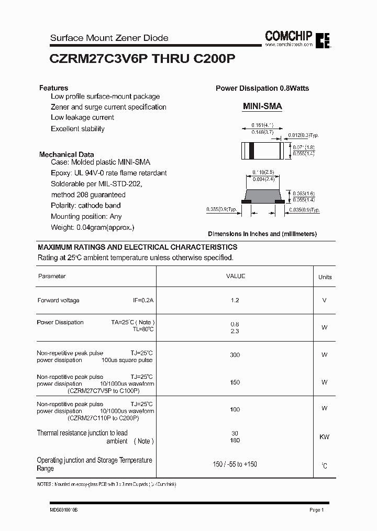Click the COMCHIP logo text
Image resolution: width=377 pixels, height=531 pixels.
tap(289, 36)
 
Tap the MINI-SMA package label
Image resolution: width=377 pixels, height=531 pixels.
tap(262, 106)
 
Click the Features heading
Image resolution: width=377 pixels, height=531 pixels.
tap(53, 88)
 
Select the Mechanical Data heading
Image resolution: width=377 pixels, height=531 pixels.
tap(66, 154)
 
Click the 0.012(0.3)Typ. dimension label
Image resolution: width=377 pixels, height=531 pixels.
tap(304, 135)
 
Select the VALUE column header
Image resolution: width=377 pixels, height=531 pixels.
tap(235, 276)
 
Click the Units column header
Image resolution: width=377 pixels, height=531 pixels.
tap(325, 277)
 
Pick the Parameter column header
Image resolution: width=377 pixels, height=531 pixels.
tap(52, 276)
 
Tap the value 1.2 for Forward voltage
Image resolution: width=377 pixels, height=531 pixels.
tap(235, 300)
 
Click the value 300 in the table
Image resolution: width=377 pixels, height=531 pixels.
tap(235, 355)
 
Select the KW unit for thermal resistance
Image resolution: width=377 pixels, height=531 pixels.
tap(325, 437)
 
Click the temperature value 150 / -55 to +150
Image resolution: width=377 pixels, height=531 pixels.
tap(235, 464)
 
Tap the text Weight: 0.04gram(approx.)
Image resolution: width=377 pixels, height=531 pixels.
tap(93, 227)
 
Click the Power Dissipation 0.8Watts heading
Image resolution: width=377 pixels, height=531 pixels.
tap(262, 88)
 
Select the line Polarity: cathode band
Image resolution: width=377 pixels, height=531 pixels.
tap(86, 205)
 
